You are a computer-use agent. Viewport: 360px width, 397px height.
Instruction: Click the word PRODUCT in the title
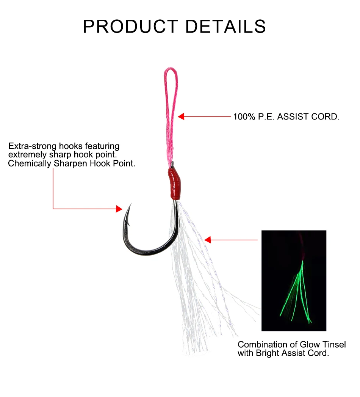tap(130, 26)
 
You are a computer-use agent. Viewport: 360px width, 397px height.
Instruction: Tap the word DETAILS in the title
tap(226, 26)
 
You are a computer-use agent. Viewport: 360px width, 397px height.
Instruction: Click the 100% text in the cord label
tap(244, 117)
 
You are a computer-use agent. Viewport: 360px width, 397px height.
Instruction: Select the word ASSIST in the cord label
tap(293, 117)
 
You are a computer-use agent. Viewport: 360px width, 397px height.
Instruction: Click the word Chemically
tap(30, 163)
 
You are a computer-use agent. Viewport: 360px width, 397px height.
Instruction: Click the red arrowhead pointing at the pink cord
tap(181, 116)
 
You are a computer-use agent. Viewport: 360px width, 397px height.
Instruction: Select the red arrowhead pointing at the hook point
tap(119, 209)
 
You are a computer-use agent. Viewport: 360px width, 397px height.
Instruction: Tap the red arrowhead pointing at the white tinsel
tap(207, 240)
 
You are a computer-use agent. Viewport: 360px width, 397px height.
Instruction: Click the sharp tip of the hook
tap(131, 203)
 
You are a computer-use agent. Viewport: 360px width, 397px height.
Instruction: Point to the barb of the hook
tap(128, 223)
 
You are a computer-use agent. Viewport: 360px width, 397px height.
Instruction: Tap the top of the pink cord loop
tap(171, 68)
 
